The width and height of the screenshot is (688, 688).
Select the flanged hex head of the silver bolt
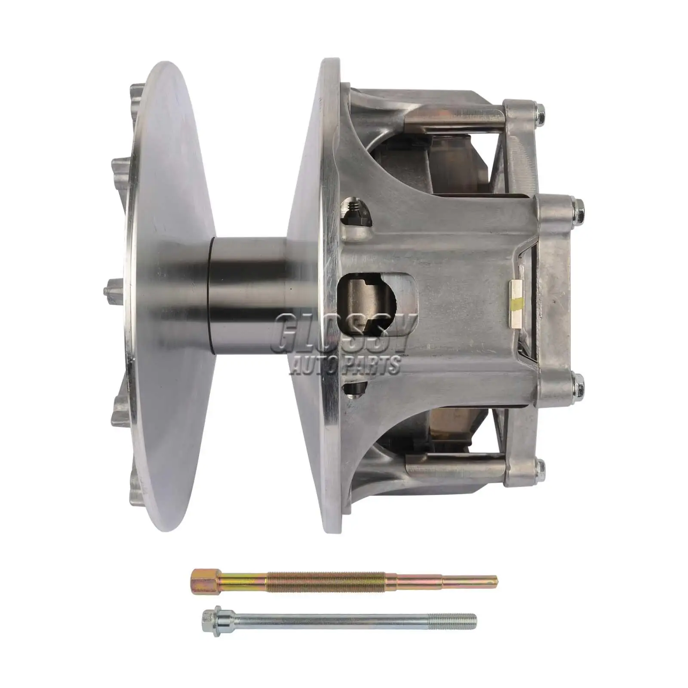coord(209,620)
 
